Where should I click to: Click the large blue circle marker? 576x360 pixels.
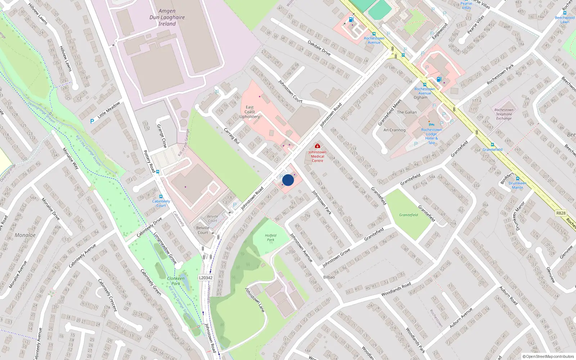288,180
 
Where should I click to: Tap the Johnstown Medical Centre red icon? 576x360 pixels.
317,146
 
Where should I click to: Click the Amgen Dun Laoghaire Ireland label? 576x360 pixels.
167,17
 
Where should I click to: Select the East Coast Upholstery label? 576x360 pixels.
249,112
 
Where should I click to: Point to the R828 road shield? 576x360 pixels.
561,213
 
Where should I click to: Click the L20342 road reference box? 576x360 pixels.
206,278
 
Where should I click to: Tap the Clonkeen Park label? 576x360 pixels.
176,281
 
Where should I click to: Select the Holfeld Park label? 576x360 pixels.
270,238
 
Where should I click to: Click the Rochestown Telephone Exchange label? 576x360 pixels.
504,114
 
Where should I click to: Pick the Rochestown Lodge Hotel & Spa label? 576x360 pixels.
431,136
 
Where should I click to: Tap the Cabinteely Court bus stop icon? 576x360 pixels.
161,197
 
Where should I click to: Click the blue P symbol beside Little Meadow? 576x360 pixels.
92,121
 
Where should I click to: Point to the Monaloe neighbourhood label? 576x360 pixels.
25,235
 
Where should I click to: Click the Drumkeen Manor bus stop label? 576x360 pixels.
517,185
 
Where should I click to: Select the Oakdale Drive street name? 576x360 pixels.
319,48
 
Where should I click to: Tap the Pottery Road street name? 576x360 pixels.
149,161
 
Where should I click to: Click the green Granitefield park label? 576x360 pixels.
408,215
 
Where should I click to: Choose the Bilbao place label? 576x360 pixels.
329,277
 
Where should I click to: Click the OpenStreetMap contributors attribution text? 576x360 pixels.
548,356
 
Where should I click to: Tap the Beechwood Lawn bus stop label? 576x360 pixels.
564,19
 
